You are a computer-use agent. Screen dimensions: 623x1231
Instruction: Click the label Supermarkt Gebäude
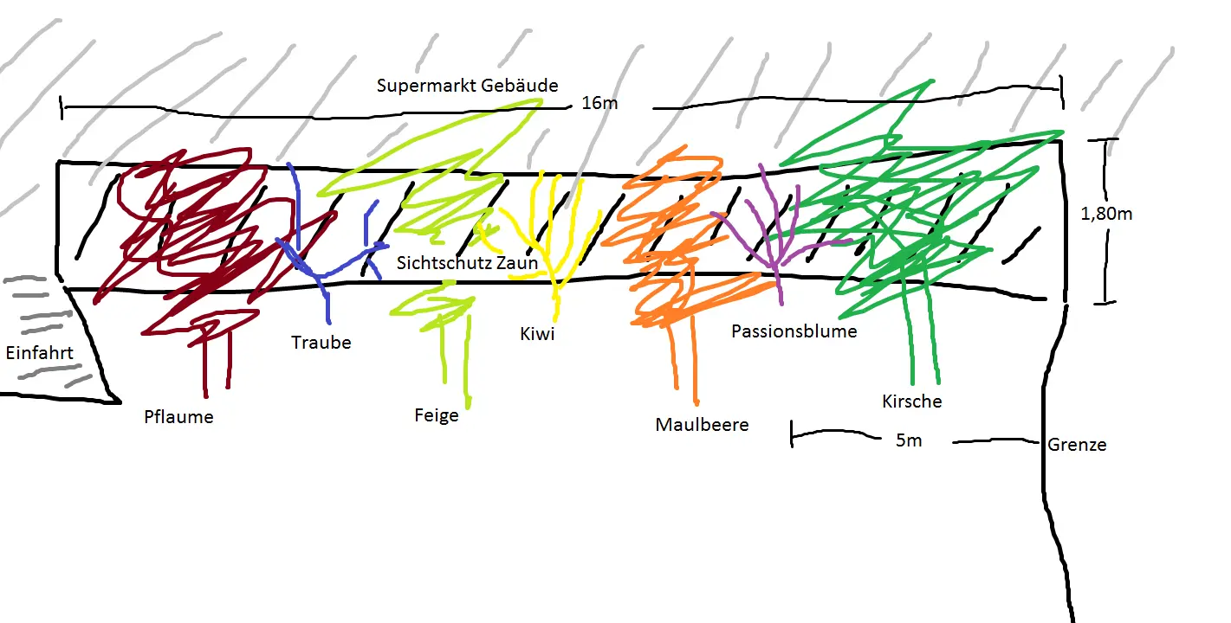pyautogui.click(x=467, y=86)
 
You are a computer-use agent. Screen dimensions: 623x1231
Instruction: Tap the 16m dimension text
pyautogui.click(x=599, y=103)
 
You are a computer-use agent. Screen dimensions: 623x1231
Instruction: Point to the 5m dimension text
pyautogui.click(x=908, y=440)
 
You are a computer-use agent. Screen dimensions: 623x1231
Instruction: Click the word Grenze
pyautogui.click(x=1077, y=445)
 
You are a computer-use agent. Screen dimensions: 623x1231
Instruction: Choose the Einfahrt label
pyautogui.click(x=39, y=353)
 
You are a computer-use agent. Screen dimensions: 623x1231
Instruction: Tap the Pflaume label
pyautogui.click(x=178, y=417)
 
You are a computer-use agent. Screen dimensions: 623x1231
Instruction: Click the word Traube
pyautogui.click(x=321, y=343)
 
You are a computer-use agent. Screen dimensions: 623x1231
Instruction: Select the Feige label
pyautogui.click(x=436, y=415)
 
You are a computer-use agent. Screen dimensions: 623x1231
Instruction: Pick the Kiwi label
pyautogui.click(x=537, y=334)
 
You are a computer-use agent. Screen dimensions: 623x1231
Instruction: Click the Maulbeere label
pyautogui.click(x=702, y=425)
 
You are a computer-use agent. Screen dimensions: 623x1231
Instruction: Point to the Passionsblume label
pyautogui.click(x=794, y=331)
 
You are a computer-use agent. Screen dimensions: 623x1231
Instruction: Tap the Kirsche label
pyautogui.click(x=911, y=401)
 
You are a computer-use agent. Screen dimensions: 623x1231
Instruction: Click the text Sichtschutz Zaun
pyautogui.click(x=467, y=263)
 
